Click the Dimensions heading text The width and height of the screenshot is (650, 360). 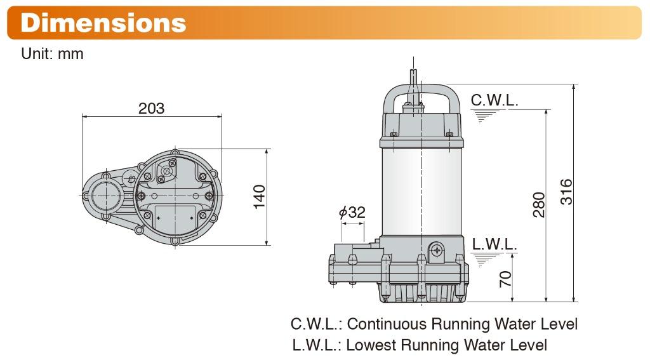[103, 22]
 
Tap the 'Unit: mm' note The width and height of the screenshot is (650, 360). [52, 54]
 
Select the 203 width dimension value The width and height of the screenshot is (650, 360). [151, 108]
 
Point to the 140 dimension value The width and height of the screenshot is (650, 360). [259, 197]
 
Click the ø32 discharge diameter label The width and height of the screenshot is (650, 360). [352, 212]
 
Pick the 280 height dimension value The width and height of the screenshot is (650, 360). [538, 204]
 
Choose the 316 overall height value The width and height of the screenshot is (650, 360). [566, 192]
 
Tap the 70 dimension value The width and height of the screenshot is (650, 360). [505, 279]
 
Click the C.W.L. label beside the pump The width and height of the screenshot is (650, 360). [494, 100]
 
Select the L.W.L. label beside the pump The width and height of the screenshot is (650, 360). [494, 244]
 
